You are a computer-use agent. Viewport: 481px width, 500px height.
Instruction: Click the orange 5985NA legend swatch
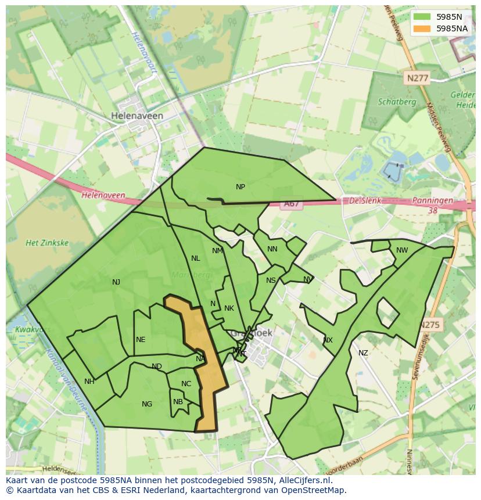[x=422, y=28]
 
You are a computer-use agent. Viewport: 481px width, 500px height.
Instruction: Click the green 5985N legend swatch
[x=422, y=17]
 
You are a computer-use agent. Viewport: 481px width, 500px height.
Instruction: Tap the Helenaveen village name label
[x=137, y=116]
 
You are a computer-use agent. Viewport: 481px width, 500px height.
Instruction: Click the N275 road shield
[x=430, y=325]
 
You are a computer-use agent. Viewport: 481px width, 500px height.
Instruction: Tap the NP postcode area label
[x=240, y=187]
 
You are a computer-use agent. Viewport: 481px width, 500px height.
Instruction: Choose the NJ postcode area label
[x=116, y=282]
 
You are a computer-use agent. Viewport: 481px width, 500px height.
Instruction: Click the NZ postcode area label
[x=363, y=353]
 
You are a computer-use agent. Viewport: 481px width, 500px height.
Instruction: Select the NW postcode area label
[x=402, y=250]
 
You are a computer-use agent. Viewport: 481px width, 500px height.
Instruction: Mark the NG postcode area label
[x=147, y=404]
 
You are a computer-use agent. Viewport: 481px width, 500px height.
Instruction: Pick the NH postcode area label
[x=89, y=382]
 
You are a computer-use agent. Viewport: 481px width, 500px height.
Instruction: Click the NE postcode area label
[x=141, y=340]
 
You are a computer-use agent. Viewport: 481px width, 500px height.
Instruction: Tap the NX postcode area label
[x=328, y=340]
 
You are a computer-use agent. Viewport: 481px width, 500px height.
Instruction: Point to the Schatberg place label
[x=397, y=102]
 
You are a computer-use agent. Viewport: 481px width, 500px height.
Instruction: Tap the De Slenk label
[x=365, y=200]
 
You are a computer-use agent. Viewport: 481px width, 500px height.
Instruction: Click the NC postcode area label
[x=186, y=384]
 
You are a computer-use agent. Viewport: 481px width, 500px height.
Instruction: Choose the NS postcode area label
[x=271, y=280]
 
